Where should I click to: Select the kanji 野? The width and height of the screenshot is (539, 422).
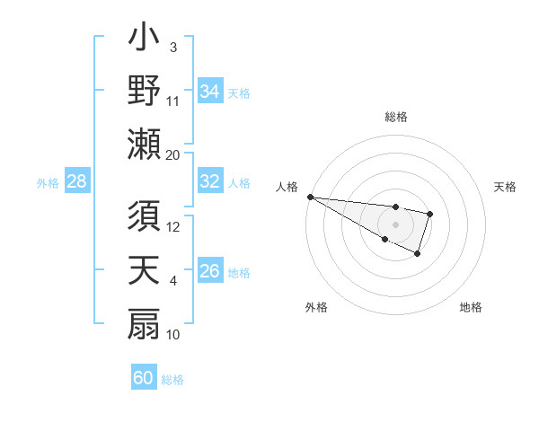coord(144,92)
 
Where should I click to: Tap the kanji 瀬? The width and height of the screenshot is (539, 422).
coord(144,144)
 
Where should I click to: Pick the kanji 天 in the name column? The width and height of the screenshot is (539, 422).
coord(144,271)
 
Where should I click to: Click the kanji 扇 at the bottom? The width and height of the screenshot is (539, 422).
coord(144,323)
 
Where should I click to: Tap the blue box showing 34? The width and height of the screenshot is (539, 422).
coord(210,92)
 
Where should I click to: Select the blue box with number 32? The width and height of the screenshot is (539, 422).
coord(210,181)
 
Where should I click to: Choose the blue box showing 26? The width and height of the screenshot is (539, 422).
coord(210,271)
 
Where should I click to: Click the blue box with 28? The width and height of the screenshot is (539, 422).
coord(77,181)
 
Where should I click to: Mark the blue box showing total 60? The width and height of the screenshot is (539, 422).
coord(144,378)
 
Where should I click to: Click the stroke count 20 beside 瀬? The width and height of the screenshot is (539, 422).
coord(173,154)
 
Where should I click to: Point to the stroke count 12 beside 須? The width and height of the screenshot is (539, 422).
coord(173,227)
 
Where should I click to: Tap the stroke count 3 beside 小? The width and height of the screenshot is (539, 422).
coord(173,47)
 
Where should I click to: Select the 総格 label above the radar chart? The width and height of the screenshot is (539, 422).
coord(395,117)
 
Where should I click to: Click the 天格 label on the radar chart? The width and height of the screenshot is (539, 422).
coord(506,187)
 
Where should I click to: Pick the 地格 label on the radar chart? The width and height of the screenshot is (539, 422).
coord(471,307)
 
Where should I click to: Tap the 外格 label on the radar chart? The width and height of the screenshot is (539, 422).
coord(316,307)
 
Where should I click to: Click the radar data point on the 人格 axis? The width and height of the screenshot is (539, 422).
coord(309,197)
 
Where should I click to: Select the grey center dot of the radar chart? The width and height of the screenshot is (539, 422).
coord(395,224)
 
